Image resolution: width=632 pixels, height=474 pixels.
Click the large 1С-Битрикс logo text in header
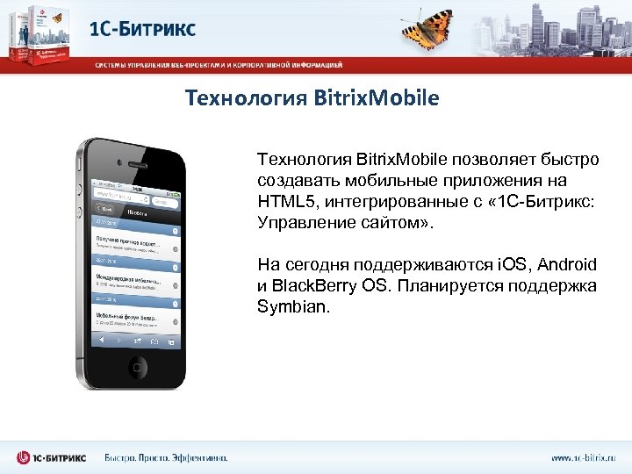[x=143, y=28]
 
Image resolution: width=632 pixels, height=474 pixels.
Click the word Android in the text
[x=567, y=264]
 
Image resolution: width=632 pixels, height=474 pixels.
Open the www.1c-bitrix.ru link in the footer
[x=583, y=457]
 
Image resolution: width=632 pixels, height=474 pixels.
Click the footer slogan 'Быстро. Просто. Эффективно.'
[x=166, y=457]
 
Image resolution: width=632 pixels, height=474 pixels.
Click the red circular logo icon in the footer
[x=25, y=457]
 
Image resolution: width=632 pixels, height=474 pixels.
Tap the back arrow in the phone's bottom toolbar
[x=104, y=338]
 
